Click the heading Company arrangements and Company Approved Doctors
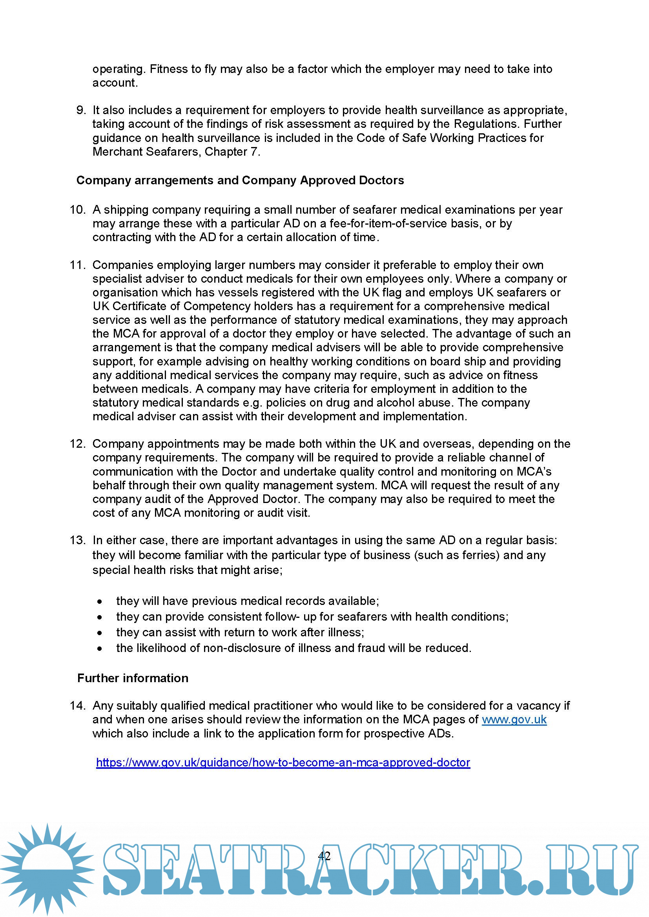tap(240, 180)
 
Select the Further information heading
tap(133, 678)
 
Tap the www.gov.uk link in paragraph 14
tap(514, 720)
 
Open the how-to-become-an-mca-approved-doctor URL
tap(283, 763)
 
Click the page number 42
tap(324, 855)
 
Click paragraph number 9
tap(81, 110)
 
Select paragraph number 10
tap(78, 210)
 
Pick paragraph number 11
tap(78, 265)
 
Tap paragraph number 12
tap(78, 444)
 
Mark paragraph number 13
tap(78, 540)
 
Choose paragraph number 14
tap(78, 706)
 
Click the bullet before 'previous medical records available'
tap(100, 601)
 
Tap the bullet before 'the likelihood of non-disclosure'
tap(100, 648)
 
